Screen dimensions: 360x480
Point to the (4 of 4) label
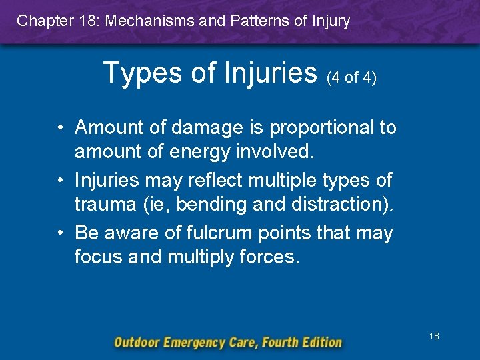point(351,78)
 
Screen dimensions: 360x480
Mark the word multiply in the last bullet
point(202,257)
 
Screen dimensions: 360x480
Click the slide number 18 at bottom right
point(434,337)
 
